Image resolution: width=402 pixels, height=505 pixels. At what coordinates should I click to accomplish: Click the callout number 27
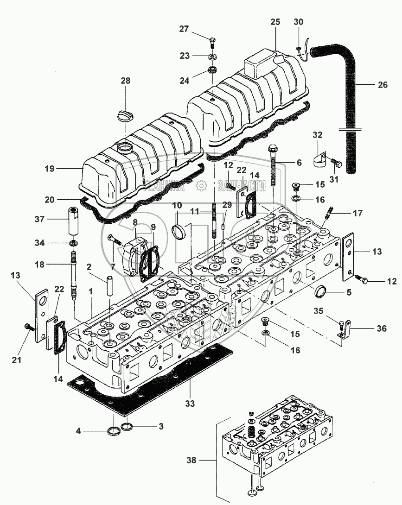(x=184, y=29)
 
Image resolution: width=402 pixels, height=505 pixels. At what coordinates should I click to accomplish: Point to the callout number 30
(x=299, y=22)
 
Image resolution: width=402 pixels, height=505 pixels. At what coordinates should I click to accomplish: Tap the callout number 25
(x=275, y=22)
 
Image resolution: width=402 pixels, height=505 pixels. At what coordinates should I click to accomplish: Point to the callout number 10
(x=178, y=205)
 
